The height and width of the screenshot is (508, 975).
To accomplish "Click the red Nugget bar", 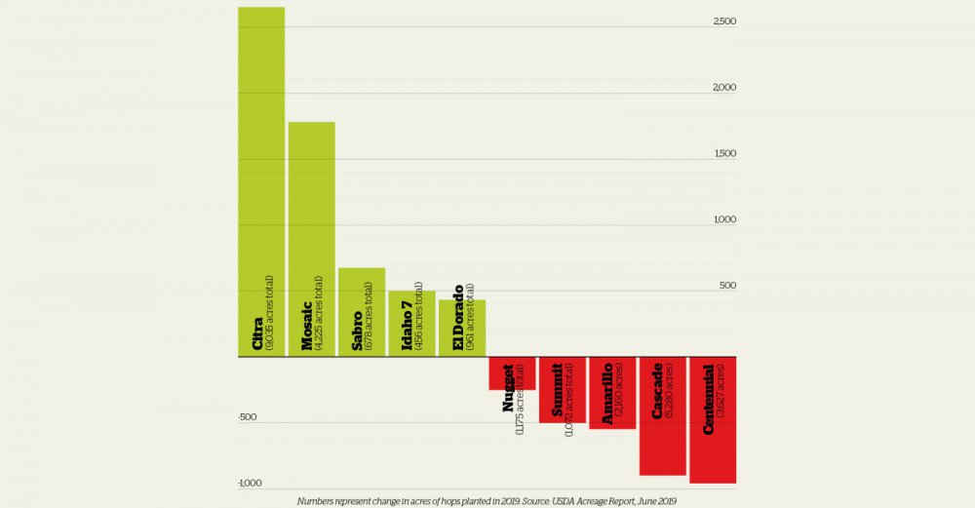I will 512,373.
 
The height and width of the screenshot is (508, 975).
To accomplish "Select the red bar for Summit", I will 563,390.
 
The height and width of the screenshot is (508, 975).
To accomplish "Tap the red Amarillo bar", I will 612,393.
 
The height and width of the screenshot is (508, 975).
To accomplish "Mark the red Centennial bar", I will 713,420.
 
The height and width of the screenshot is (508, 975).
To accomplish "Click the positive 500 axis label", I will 726,286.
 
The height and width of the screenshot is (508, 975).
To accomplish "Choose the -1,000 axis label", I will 250,484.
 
